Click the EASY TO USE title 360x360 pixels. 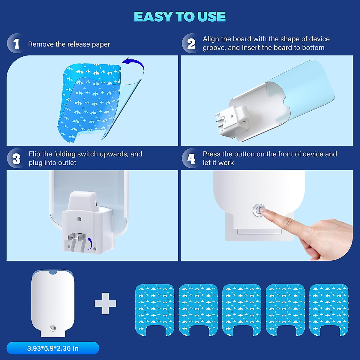[x=180, y=17]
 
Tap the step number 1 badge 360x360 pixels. [x=16, y=44]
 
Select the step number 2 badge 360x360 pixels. [x=191, y=44]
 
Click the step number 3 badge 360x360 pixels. [x=16, y=159]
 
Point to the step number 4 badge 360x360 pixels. [x=191, y=159]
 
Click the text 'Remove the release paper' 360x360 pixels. [x=69, y=44]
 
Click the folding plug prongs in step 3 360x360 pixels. [x=76, y=241]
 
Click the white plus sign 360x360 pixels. [x=105, y=304]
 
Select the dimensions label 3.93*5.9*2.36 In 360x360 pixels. [x=53, y=348]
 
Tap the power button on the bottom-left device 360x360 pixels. [x=53, y=328]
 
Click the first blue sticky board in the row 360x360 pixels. [x=154, y=309]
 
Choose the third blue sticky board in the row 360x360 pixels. [x=241, y=309]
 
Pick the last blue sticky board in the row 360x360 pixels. [x=329, y=309]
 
